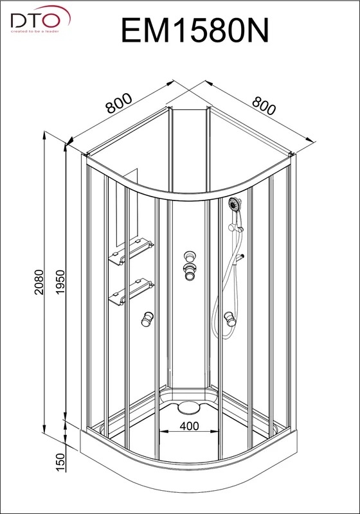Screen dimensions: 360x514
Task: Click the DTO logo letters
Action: click(34, 21)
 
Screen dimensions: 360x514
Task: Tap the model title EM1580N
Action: click(195, 30)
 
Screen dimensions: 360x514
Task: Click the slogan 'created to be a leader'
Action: click(35, 31)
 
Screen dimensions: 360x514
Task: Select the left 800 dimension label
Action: click(119, 103)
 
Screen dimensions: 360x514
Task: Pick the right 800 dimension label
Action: click(264, 105)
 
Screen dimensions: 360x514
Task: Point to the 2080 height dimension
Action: click(39, 282)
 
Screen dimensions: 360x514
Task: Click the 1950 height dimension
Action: click(60, 282)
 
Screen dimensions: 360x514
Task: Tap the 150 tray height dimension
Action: click(60, 463)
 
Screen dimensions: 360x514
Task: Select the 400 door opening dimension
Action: click(189, 425)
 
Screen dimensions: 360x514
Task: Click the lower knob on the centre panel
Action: click(189, 271)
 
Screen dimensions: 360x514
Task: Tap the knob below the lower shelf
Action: click(147, 319)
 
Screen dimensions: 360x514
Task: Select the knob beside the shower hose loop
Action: click(230, 319)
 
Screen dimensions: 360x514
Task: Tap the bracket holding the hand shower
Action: click(239, 228)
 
